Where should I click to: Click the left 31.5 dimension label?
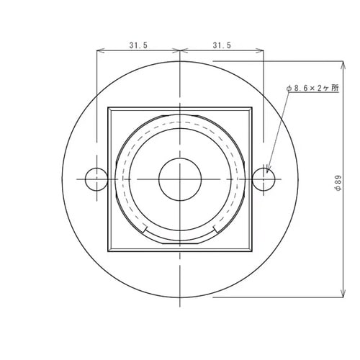point(138,45)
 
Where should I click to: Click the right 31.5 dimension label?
point(222,45)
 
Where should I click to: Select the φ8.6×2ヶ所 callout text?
point(312,88)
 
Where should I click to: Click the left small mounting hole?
point(95,179)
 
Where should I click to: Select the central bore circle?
point(180,179)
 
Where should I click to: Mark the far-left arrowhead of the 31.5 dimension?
point(98,51)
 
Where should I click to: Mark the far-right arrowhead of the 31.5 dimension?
point(262,51)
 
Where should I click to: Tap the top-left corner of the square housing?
point(109,109)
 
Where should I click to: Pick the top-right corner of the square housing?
point(252,109)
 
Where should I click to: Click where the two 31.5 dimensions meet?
point(180,51)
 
